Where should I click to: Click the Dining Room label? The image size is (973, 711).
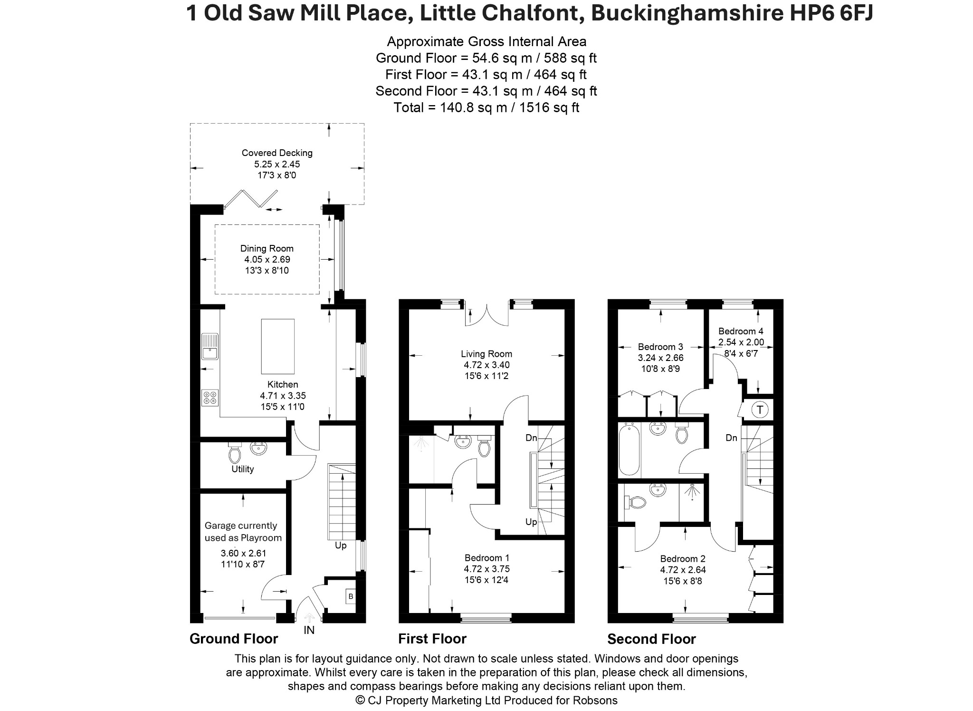[x=267, y=248]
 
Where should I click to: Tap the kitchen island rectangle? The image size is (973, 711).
[x=277, y=346]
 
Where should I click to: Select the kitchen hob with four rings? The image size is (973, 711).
[x=210, y=398]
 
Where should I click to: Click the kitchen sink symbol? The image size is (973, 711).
[x=210, y=347]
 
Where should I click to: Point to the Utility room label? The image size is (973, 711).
[x=242, y=469]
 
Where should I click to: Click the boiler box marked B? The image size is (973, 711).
[x=351, y=596]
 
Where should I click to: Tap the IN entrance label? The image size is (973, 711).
[x=309, y=630]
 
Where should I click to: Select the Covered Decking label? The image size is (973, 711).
[x=277, y=153]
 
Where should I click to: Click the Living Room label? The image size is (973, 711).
[x=486, y=354]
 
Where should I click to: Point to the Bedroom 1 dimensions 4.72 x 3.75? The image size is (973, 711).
[x=486, y=569]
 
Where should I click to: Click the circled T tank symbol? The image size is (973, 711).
[x=760, y=409]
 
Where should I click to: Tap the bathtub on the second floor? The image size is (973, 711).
[x=630, y=449]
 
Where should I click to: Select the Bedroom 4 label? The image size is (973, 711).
[x=741, y=331]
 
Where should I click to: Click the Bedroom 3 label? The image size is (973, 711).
[x=660, y=347]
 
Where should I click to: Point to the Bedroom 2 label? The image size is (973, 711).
[x=683, y=559]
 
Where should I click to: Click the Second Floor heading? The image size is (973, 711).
[x=651, y=639]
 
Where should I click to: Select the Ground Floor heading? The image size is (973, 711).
[x=234, y=639]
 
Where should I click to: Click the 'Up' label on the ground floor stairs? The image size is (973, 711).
[x=341, y=545]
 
